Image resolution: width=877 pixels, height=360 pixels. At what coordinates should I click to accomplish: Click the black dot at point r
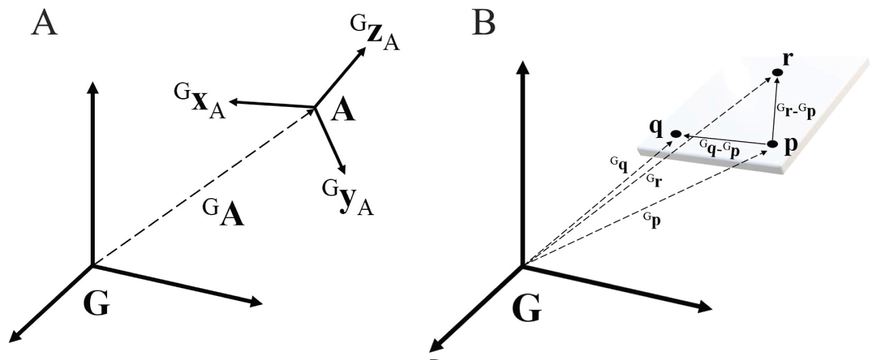[778, 72]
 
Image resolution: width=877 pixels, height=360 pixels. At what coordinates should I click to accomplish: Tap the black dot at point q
[676, 134]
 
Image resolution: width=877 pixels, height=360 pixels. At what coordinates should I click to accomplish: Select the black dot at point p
[771, 144]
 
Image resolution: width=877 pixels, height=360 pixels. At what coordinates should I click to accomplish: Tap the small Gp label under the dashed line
[653, 221]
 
